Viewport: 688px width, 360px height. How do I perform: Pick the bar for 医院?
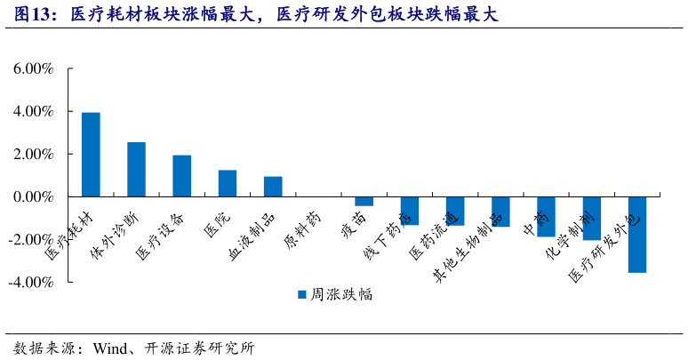coord(228,183)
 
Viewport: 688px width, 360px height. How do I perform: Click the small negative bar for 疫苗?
coord(364,201)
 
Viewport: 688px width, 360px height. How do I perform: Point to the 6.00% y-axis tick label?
coord(33,69)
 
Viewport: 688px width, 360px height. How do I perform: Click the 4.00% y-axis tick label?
coord(33,112)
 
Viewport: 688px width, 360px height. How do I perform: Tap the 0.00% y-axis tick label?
coord(33,196)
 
